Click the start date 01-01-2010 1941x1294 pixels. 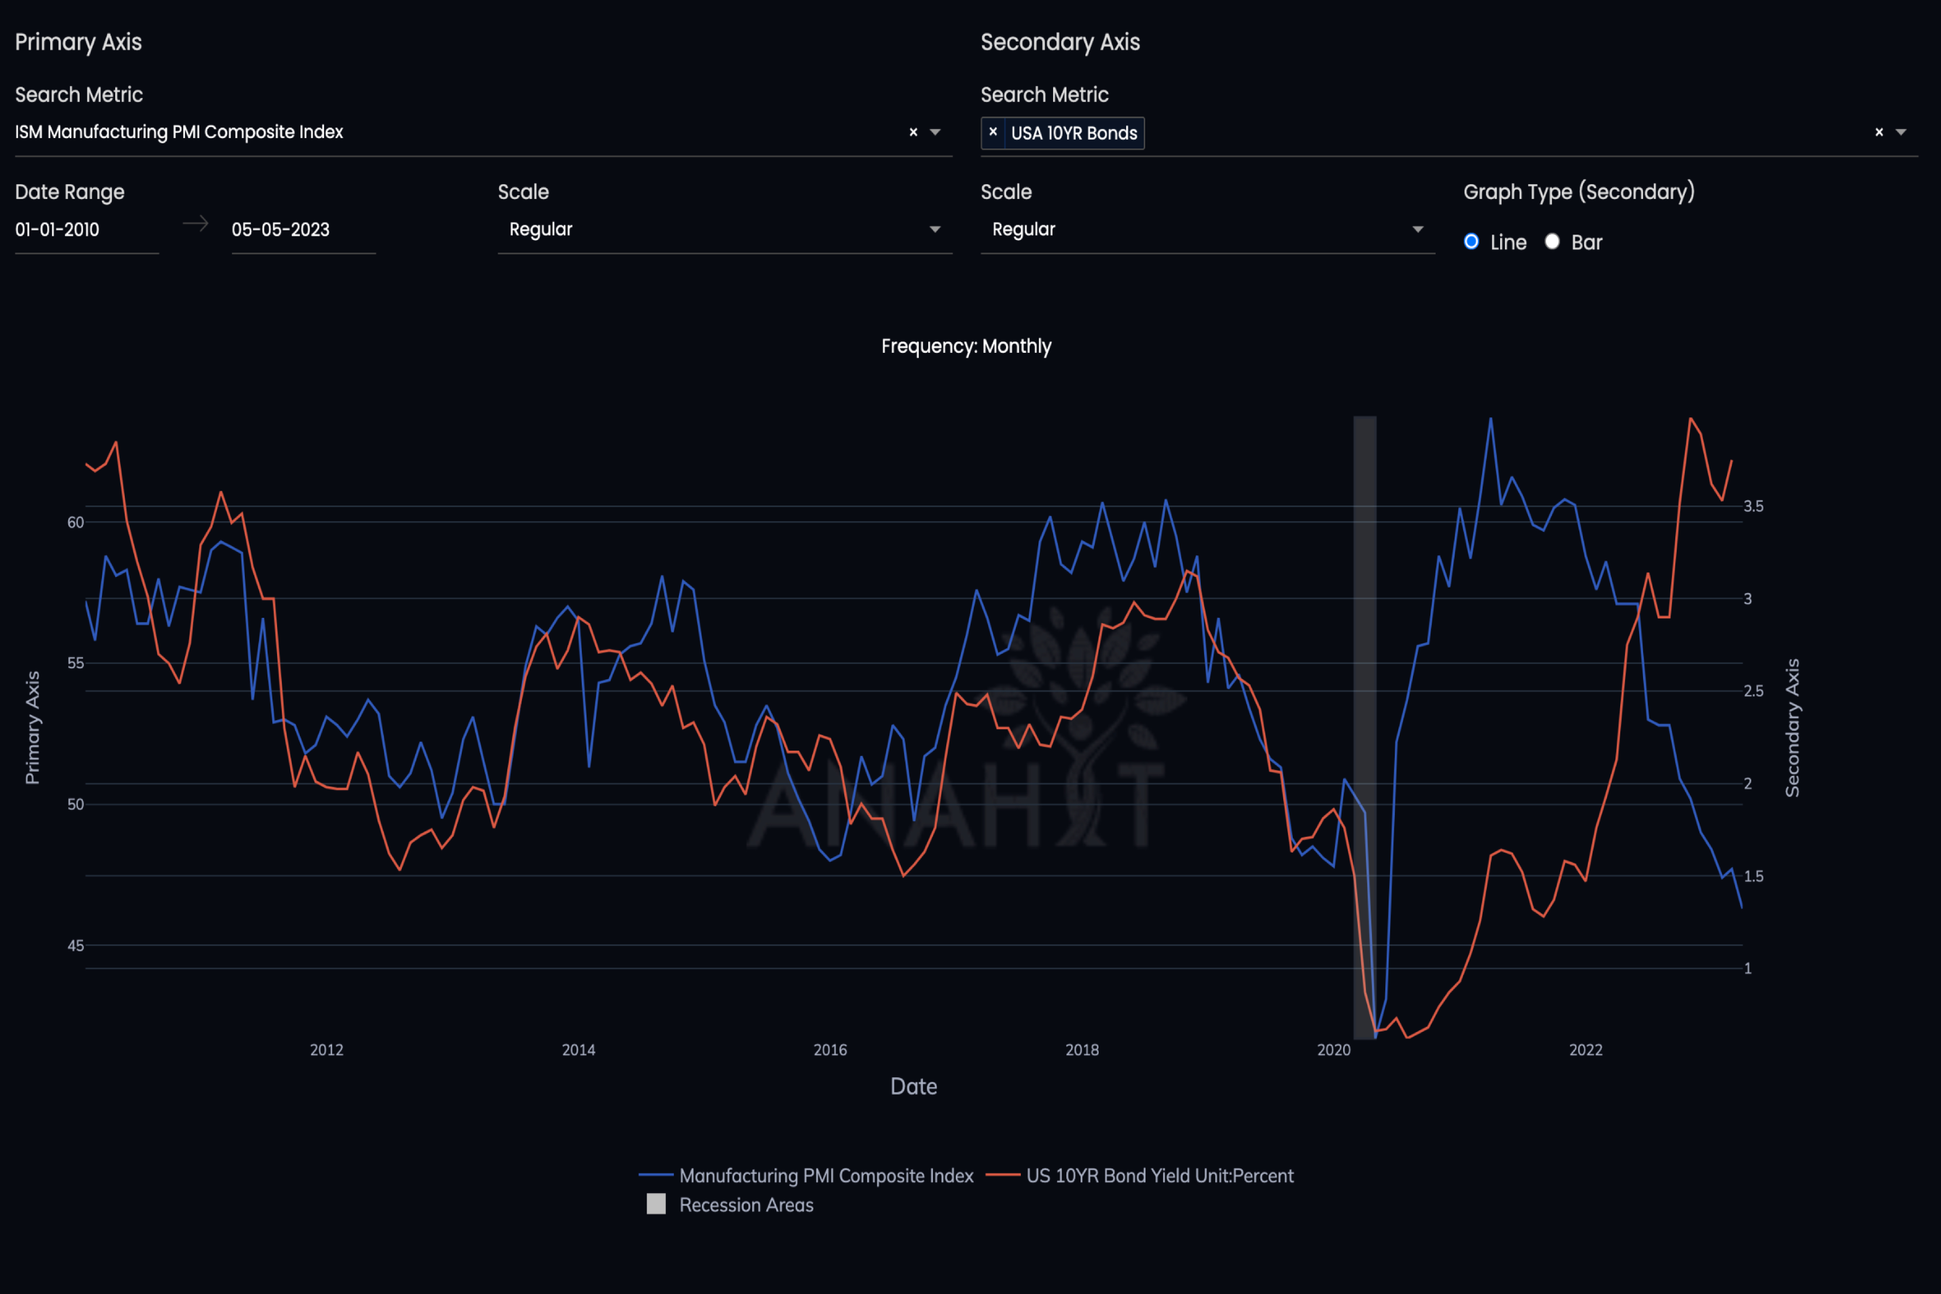(58, 229)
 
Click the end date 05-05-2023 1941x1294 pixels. (281, 229)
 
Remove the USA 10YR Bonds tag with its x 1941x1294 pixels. (993, 132)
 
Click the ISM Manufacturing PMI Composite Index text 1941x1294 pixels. (179, 132)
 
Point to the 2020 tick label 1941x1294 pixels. (1334, 1050)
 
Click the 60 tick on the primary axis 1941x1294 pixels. (75, 522)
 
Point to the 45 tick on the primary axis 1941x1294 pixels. (75, 946)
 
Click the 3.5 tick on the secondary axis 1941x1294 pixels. (1753, 506)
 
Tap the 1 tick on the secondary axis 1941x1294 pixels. (1747, 968)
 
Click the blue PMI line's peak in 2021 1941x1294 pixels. (1490, 419)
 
